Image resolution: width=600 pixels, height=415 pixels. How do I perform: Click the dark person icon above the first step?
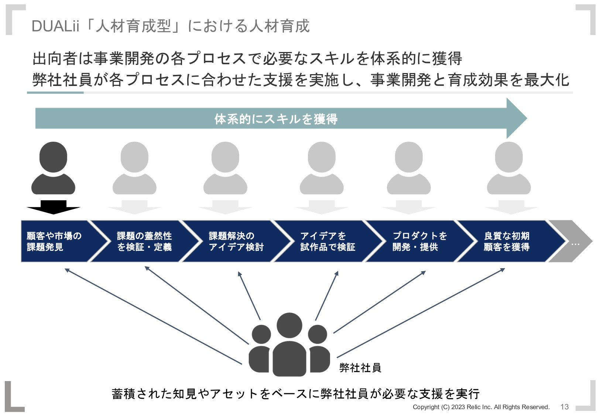(53, 168)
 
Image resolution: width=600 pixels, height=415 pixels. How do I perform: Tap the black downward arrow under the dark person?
(54, 207)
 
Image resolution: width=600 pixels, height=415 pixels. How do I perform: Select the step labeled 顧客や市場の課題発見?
(54, 241)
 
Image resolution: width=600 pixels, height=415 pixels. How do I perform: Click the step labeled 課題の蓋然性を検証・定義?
(144, 241)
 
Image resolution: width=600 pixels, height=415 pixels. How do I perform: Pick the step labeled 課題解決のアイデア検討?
(236, 241)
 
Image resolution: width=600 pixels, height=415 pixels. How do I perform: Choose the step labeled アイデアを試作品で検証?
(328, 241)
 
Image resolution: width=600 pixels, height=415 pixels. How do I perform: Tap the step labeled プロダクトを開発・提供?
(419, 241)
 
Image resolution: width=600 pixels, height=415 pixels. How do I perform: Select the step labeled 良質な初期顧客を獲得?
(507, 241)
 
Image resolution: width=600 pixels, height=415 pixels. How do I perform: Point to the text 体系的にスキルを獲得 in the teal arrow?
(276, 119)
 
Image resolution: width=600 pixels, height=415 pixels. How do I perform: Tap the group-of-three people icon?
(289, 345)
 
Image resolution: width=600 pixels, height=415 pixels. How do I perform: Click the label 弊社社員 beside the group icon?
(360, 367)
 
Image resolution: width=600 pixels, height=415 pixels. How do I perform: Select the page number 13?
(564, 407)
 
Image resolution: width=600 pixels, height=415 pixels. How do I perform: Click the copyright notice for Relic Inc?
(481, 407)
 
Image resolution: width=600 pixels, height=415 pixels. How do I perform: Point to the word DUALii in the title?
(56, 26)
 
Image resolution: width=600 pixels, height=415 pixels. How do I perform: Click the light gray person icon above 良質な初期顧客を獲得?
(508, 168)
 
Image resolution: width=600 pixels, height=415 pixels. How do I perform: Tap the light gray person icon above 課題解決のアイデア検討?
(225, 168)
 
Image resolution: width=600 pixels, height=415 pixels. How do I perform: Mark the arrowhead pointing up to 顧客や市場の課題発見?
(67, 270)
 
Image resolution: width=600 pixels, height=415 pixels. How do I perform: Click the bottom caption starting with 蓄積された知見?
(295, 394)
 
